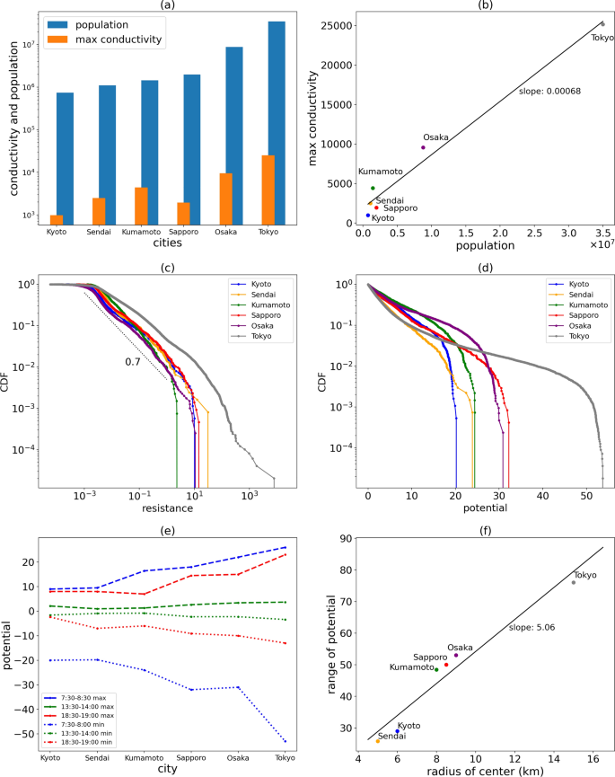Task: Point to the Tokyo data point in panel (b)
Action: click(x=602, y=24)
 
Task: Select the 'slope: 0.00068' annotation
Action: click(x=546, y=92)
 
